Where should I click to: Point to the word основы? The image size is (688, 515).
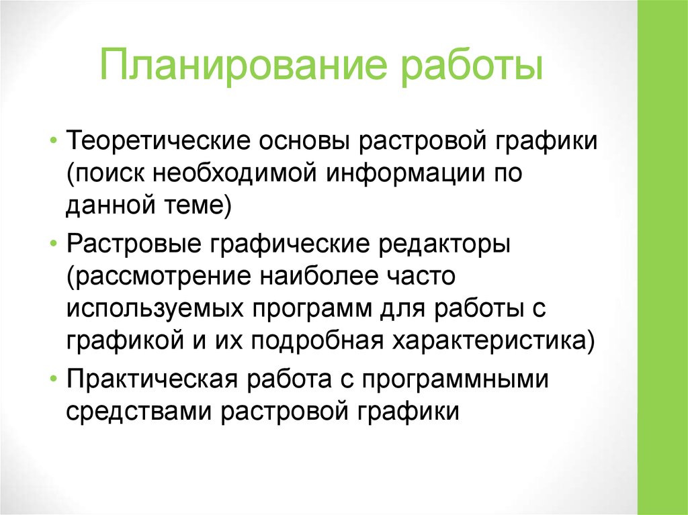[298, 141]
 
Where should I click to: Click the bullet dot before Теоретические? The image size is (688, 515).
[53, 142]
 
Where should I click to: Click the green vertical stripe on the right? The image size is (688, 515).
[662, 257]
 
